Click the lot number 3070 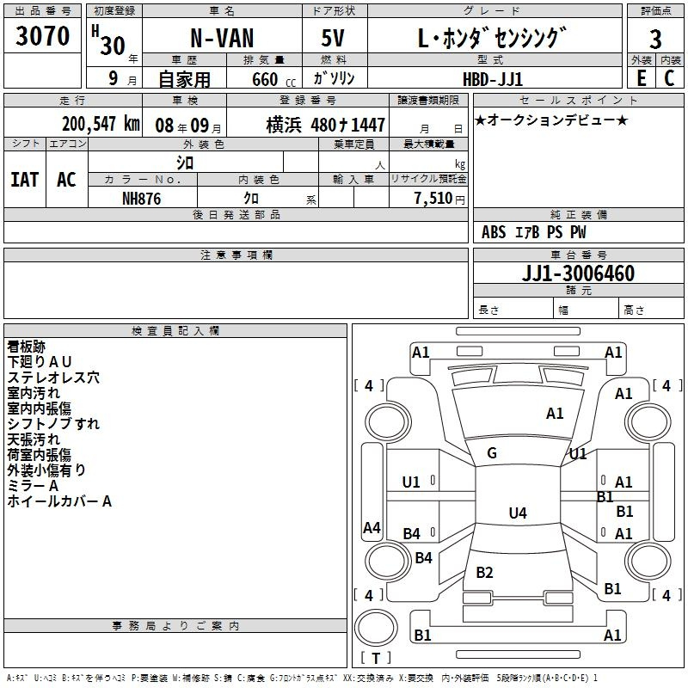(42, 36)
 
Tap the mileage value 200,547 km (101, 124)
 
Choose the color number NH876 (142, 198)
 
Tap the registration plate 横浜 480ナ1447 (325, 125)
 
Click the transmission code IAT (24, 180)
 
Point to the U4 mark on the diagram (517, 513)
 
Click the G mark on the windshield (492, 453)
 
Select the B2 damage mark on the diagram (484, 573)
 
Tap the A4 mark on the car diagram (372, 528)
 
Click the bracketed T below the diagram (376, 659)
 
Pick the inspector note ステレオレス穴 (53, 377)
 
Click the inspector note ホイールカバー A (59, 501)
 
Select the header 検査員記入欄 (175, 330)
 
